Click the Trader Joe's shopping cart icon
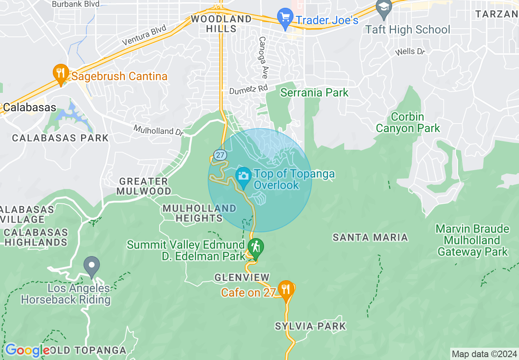tap(285, 17)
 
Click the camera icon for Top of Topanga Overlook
tap(244, 176)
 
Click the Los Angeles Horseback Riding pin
tap(92, 265)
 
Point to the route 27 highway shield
tap(220, 155)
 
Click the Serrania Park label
tap(314, 92)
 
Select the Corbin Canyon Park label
tap(408, 122)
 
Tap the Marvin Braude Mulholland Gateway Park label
tap(473, 240)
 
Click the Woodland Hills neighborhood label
tap(221, 24)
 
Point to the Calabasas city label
tap(29, 108)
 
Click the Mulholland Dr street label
tap(159, 130)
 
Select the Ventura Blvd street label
tap(144, 35)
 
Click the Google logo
tap(27, 350)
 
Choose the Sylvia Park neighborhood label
tap(310, 326)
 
